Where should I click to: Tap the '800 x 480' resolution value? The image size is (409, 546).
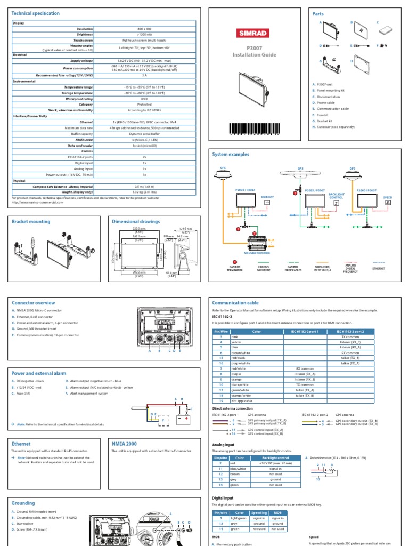pyautogui.click(x=144, y=29)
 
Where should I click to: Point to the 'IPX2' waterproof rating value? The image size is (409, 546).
pyautogui.click(x=144, y=99)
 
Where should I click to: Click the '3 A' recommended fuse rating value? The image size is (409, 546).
pyautogui.click(x=144, y=76)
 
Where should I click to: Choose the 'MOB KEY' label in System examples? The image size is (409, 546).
pyautogui.click(x=268, y=196)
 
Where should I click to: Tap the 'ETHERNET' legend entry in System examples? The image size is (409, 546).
pyautogui.click(x=379, y=269)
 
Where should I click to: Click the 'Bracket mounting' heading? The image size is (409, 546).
pyautogui.click(x=31, y=221)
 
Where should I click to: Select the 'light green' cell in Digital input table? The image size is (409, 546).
pyautogui.click(x=238, y=518)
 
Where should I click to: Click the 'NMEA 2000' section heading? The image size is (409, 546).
pyautogui.click(x=124, y=443)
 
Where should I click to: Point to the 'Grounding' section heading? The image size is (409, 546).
pyautogui.click(x=23, y=503)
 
